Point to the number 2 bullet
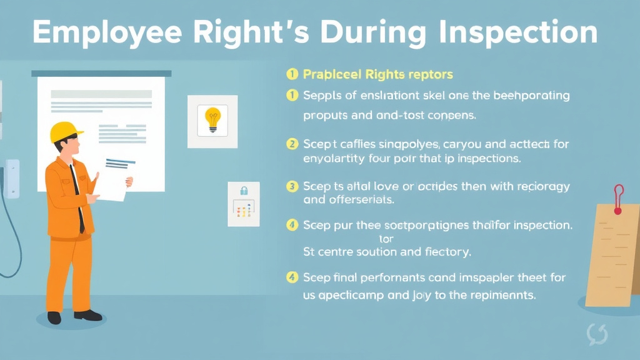pyautogui.click(x=291, y=144)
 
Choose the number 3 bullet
pyautogui.click(x=291, y=186)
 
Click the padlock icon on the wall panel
pyautogui.click(x=243, y=190)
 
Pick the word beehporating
pyautogui.click(x=531, y=96)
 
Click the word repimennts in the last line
pyautogui.click(x=502, y=296)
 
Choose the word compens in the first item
pyautogui.click(x=454, y=116)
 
